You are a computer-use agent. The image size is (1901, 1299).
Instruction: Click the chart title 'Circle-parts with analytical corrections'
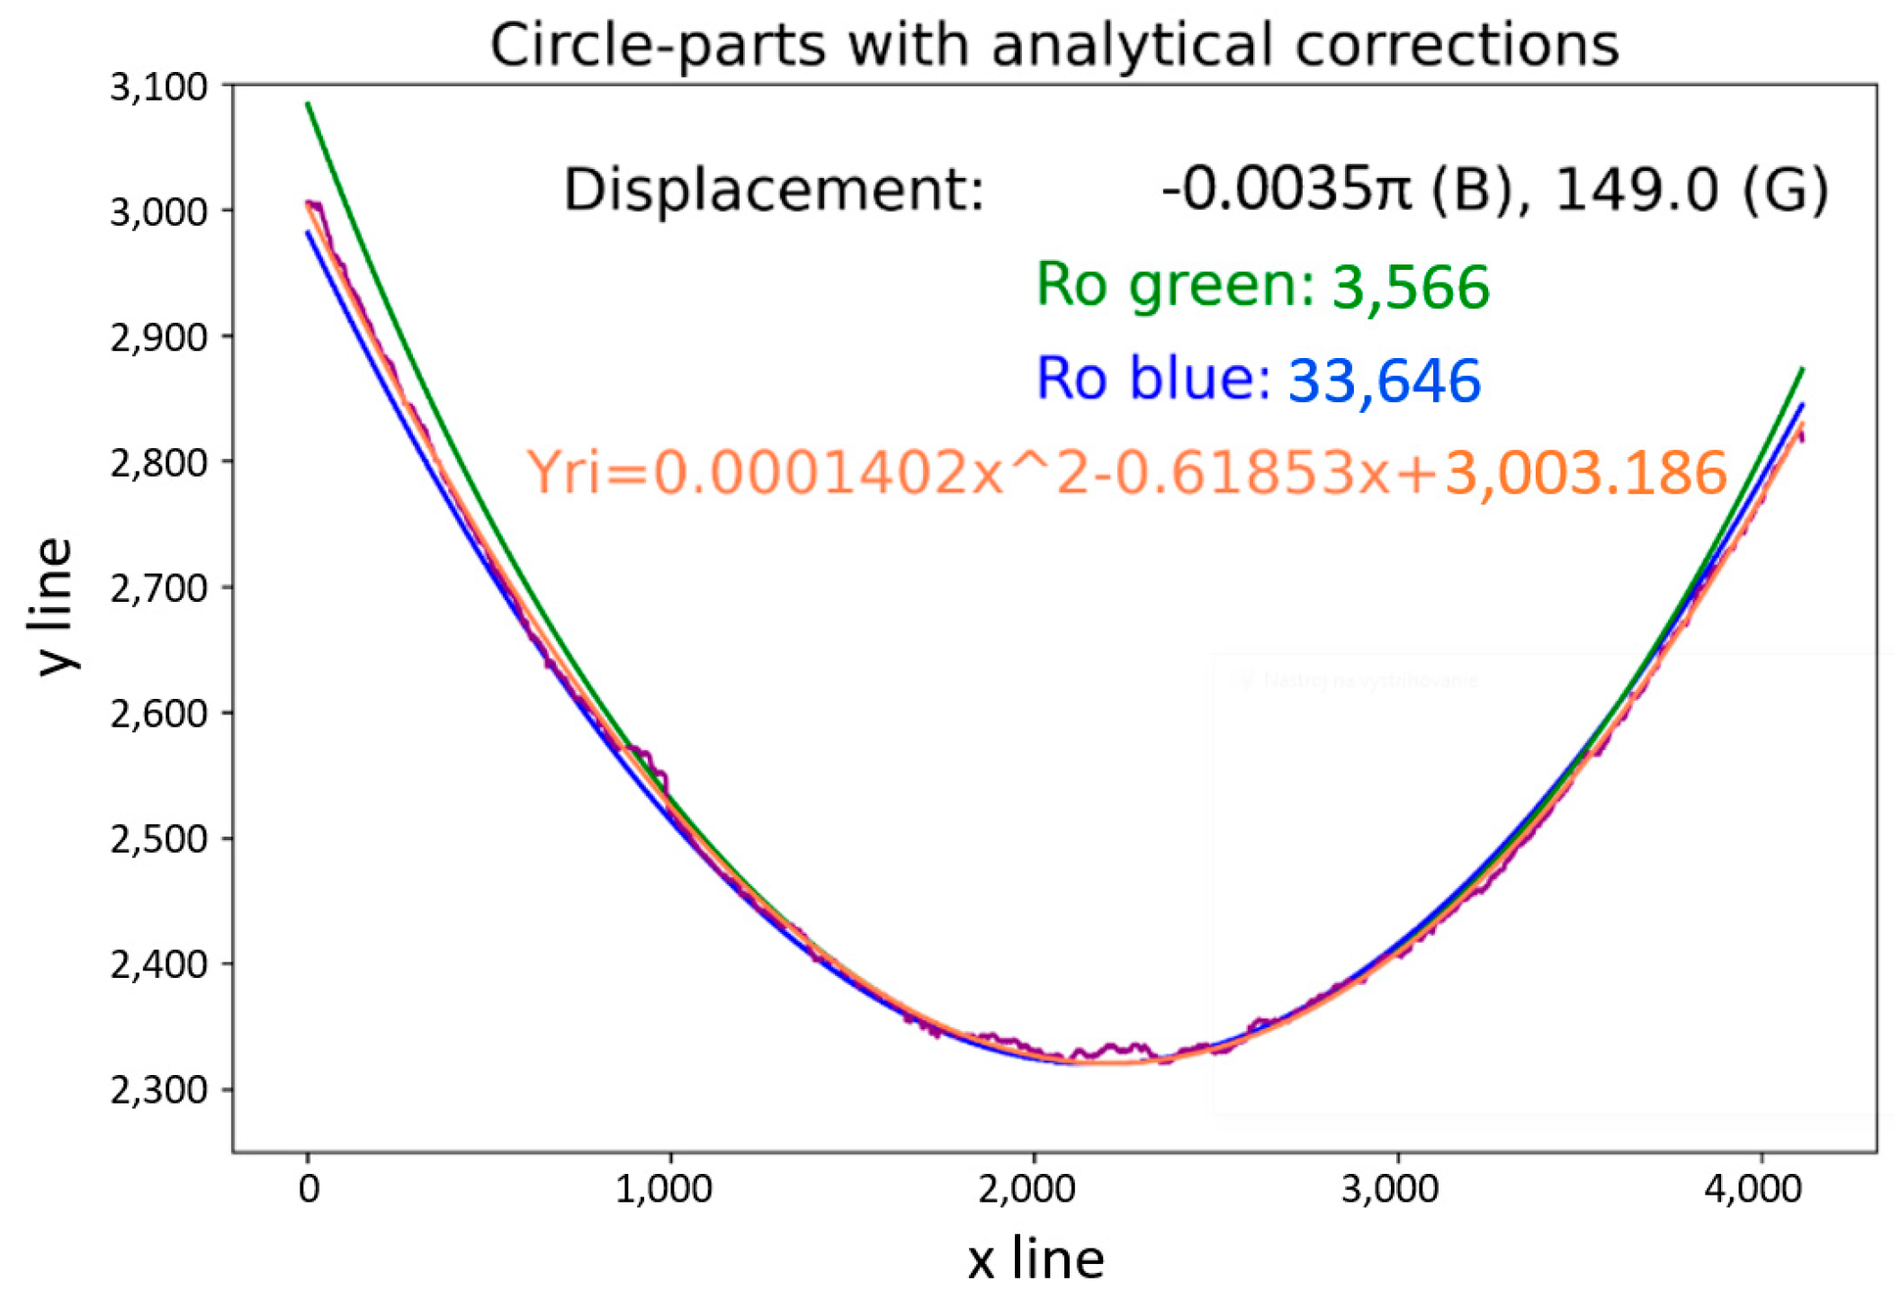[x=1054, y=45]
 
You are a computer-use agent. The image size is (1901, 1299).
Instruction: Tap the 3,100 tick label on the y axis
[x=158, y=87]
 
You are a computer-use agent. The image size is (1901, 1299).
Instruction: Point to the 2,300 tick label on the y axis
[x=158, y=1090]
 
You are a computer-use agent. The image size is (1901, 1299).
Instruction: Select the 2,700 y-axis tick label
[x=158, y=588]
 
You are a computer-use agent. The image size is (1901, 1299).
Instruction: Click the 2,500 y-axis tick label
[x=158, y=839]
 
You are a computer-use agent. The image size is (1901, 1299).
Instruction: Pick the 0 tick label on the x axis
[x=309, y=1190]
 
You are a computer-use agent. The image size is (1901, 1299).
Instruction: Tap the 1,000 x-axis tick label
[x=663, y=1190]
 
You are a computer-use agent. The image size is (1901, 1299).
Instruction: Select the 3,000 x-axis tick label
[x=1390, y=1190]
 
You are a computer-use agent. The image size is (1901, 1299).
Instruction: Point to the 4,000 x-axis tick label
[x=1753, y=1190]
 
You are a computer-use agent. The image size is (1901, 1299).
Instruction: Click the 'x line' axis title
[x=1036, y=1259]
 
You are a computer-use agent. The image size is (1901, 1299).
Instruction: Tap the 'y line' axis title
[x=54, y=606]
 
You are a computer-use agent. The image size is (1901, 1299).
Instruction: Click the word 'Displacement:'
[x=774, y=191]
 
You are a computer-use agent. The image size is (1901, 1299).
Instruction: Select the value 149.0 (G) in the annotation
[x=1691, y=191]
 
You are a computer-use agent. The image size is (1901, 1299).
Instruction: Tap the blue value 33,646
[x=1384, y=381]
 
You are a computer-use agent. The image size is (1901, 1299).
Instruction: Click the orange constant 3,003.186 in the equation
[x=1585, y=473]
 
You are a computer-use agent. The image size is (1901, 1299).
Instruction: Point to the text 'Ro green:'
[x=1175, y=286]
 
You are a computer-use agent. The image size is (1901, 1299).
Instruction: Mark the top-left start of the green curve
[x=309, y=104]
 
